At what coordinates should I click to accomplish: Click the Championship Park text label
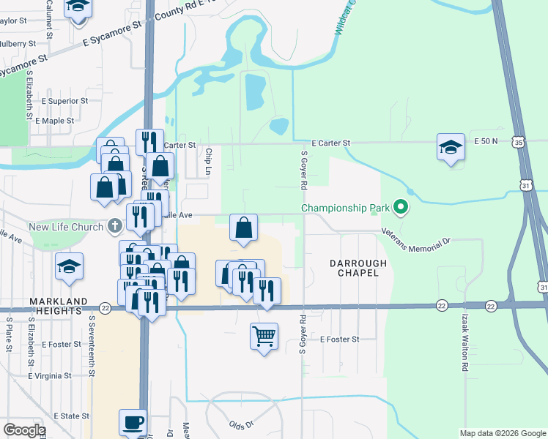[344, 209]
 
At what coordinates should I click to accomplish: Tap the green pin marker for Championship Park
[400, 209]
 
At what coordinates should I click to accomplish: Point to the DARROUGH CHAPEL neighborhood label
[353, 267]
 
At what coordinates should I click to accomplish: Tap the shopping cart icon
[264, 337]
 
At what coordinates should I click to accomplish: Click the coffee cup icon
[133, 422]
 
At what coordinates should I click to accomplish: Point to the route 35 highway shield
[519, 140]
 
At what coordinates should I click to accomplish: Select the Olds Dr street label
[241, 424]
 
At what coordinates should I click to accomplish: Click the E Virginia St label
[49, 375]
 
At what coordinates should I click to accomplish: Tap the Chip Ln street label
[208, 163]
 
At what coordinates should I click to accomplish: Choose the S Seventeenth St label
[92, 345]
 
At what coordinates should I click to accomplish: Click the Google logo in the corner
[24, 430]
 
